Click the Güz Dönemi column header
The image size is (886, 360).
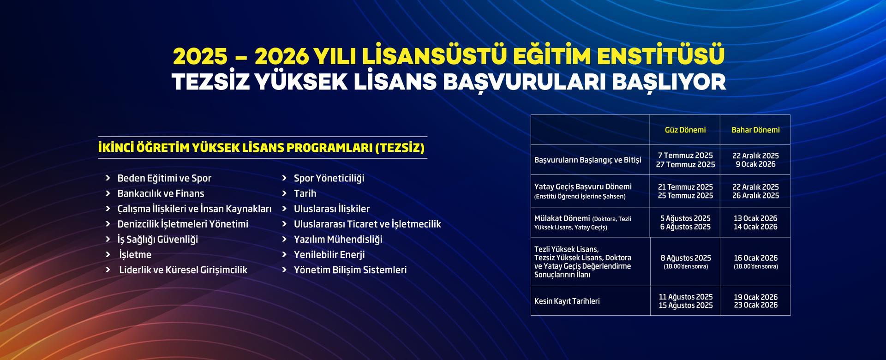pos(685,130)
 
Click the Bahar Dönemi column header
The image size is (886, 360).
pos(755,130)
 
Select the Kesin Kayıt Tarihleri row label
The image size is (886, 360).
pos(567,301)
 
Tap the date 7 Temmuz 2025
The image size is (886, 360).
pos(685,156)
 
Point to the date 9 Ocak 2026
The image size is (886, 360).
pos(755,164)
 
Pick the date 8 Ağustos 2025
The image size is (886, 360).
pos(686,258)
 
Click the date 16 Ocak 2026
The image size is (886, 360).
pos(756,258)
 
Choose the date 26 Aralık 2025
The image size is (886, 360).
pos(755,196)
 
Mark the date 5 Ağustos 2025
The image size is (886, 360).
pos(685,218)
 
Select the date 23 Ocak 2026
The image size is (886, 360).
pos(756,305)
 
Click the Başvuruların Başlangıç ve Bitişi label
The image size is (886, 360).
pos(588,160)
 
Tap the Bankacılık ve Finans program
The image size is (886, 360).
pos(161,193)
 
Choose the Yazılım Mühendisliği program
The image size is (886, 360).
pos(338,239)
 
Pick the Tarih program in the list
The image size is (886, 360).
pos(305,193)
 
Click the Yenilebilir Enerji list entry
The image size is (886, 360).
pos(329,254)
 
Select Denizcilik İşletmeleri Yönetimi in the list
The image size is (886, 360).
pos(183,224)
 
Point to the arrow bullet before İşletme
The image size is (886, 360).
pos(108,254)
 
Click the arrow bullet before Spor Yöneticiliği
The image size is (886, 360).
pos(284,178)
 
